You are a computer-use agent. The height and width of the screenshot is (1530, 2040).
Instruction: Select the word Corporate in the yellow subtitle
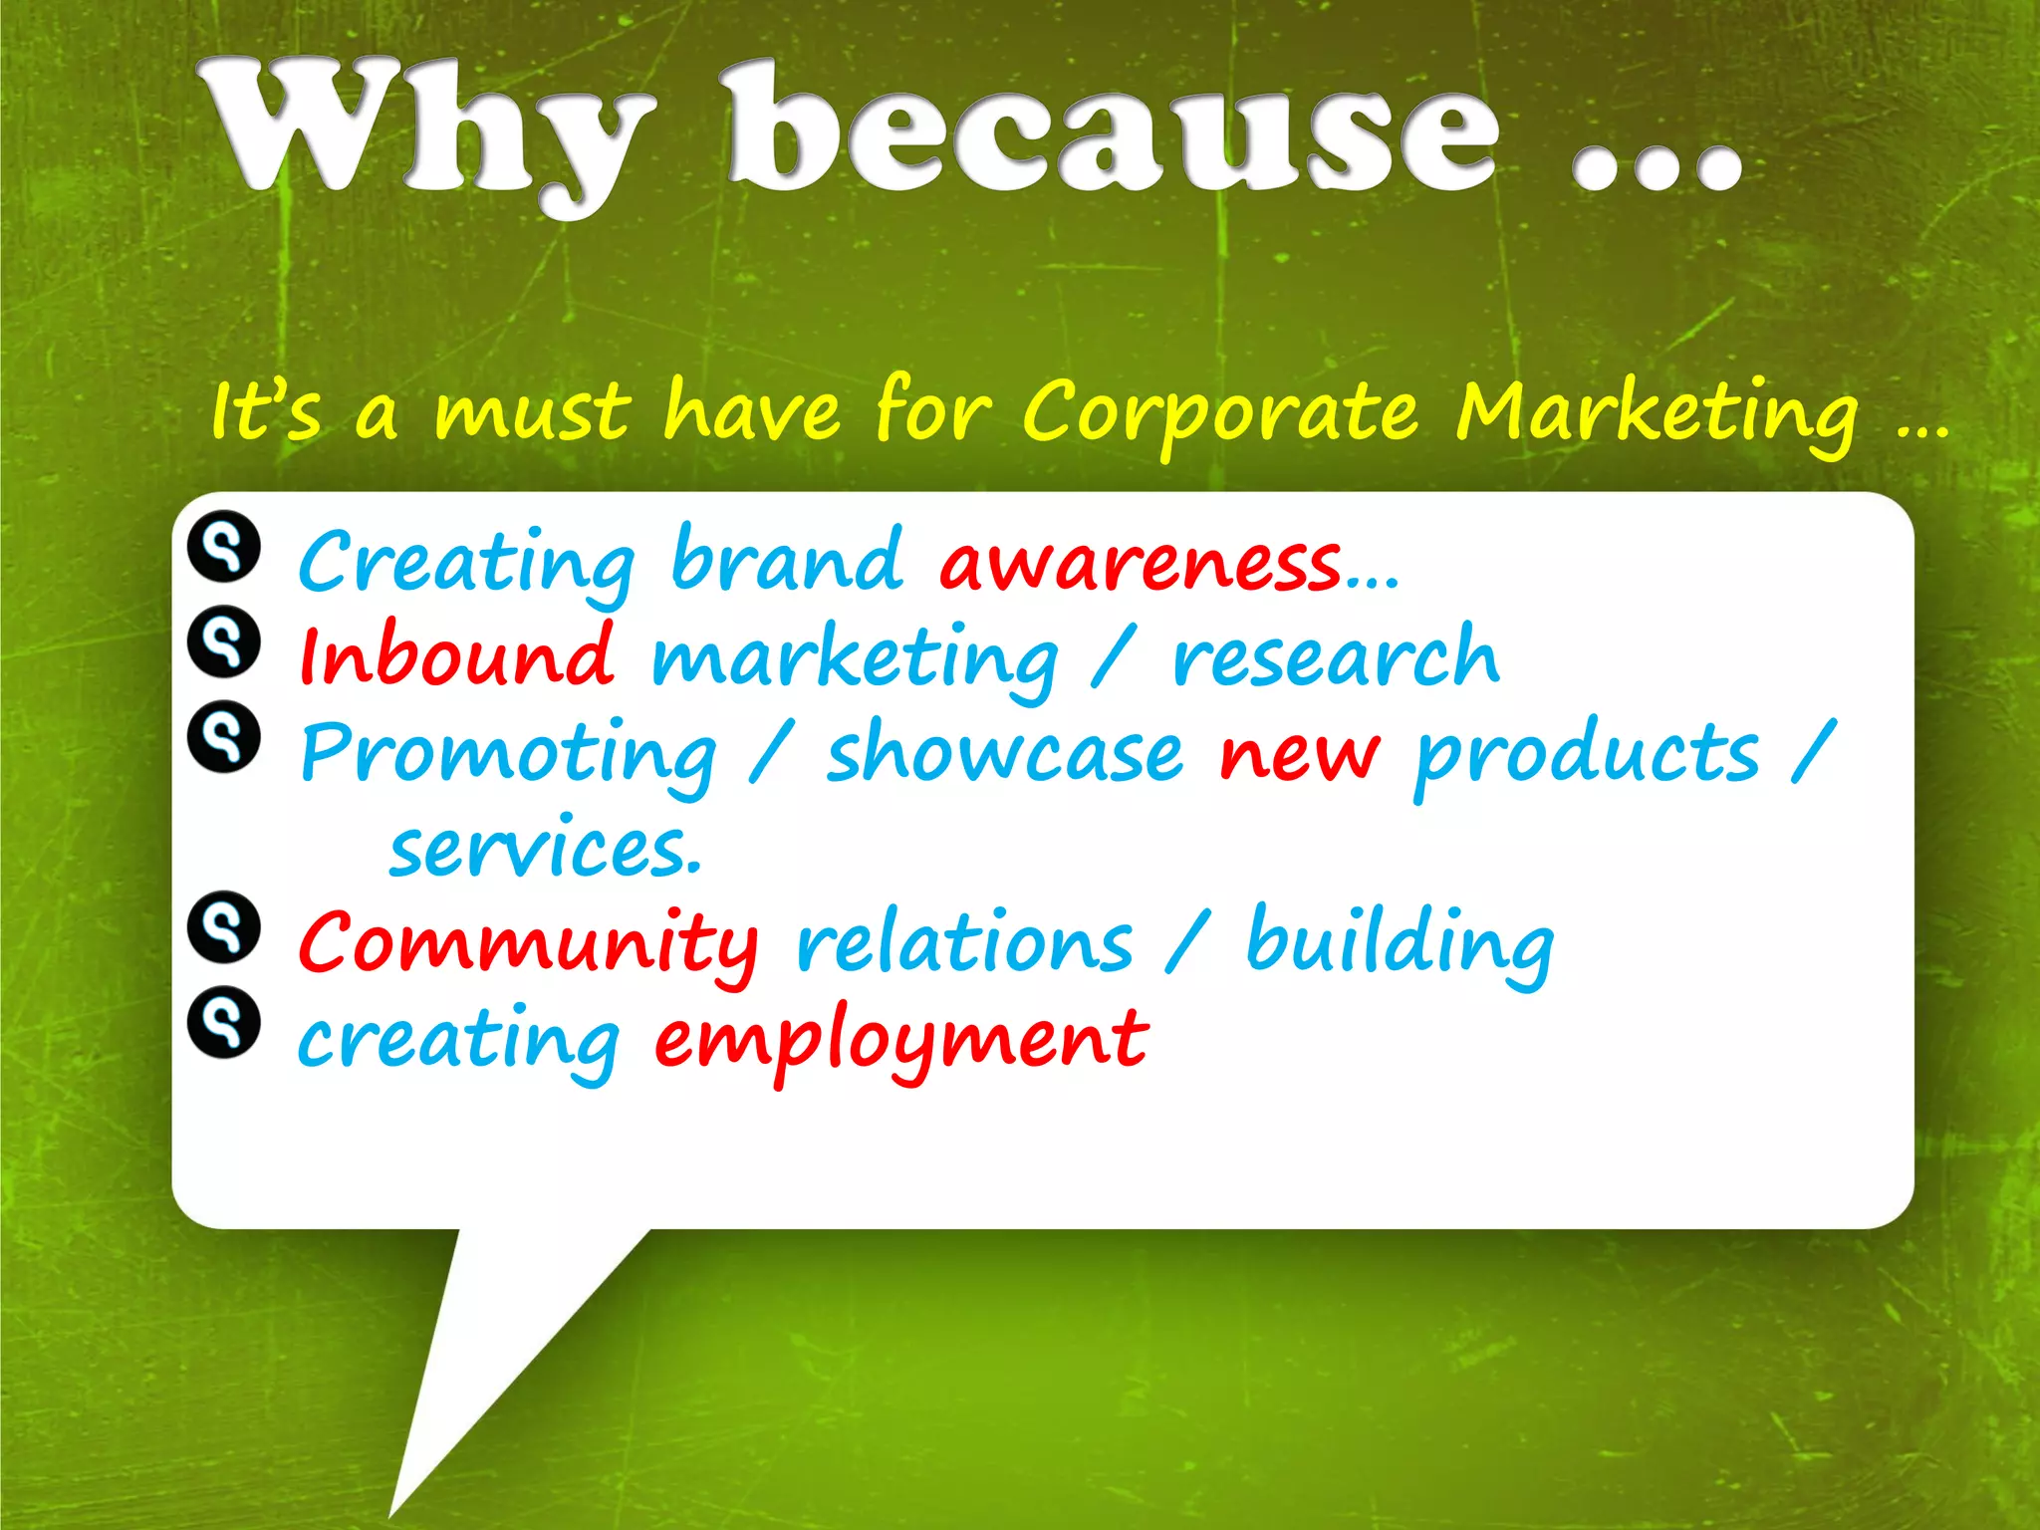pyautogui.click(x=1221, y=413)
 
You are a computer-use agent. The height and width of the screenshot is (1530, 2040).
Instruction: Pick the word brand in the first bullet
pyautogui.click(x=787, y=558)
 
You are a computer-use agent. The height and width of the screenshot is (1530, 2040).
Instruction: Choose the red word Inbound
pyautogui.click(x=456, y=656)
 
